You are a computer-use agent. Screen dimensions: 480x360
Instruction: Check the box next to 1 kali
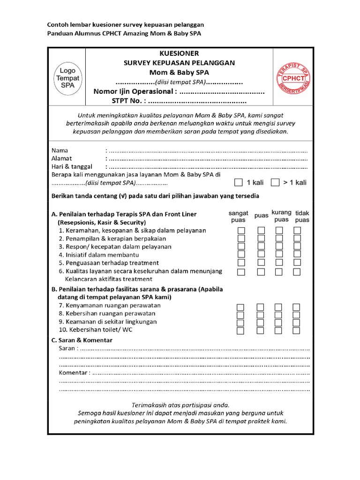239,182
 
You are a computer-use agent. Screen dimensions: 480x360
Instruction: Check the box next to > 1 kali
276,182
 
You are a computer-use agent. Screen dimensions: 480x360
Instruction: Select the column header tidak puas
302,217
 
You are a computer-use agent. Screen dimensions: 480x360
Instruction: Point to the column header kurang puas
281,216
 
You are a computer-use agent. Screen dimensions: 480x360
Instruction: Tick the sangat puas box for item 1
240,231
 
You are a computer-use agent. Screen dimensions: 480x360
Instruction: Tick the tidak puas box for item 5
297,262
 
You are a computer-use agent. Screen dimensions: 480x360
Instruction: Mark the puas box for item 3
261,247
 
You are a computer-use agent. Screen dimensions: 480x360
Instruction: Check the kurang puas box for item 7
278,307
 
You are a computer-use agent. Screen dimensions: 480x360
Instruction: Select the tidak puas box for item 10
297,330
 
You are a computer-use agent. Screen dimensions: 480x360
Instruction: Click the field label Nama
60,150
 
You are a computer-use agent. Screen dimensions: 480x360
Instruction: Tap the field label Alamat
61,158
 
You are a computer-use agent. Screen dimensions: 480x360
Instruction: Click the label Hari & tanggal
72,166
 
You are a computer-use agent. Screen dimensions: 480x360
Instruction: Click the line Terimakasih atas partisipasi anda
180,405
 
